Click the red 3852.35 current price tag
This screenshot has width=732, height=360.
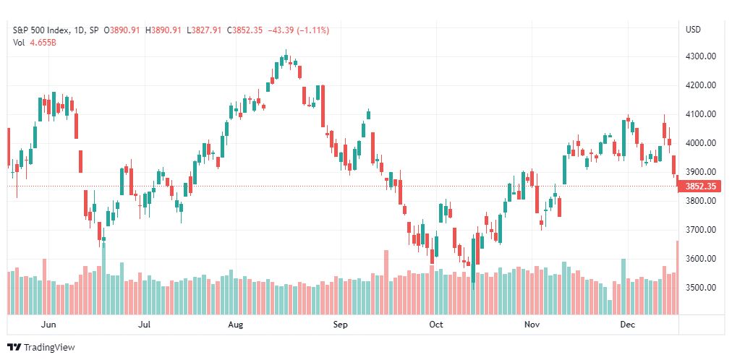(699, 187)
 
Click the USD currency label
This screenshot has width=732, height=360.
(693, 30)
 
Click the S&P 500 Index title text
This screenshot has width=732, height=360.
(41, 30)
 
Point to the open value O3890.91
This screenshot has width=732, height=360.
(122, 30)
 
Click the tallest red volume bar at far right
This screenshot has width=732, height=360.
(677, 278)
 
